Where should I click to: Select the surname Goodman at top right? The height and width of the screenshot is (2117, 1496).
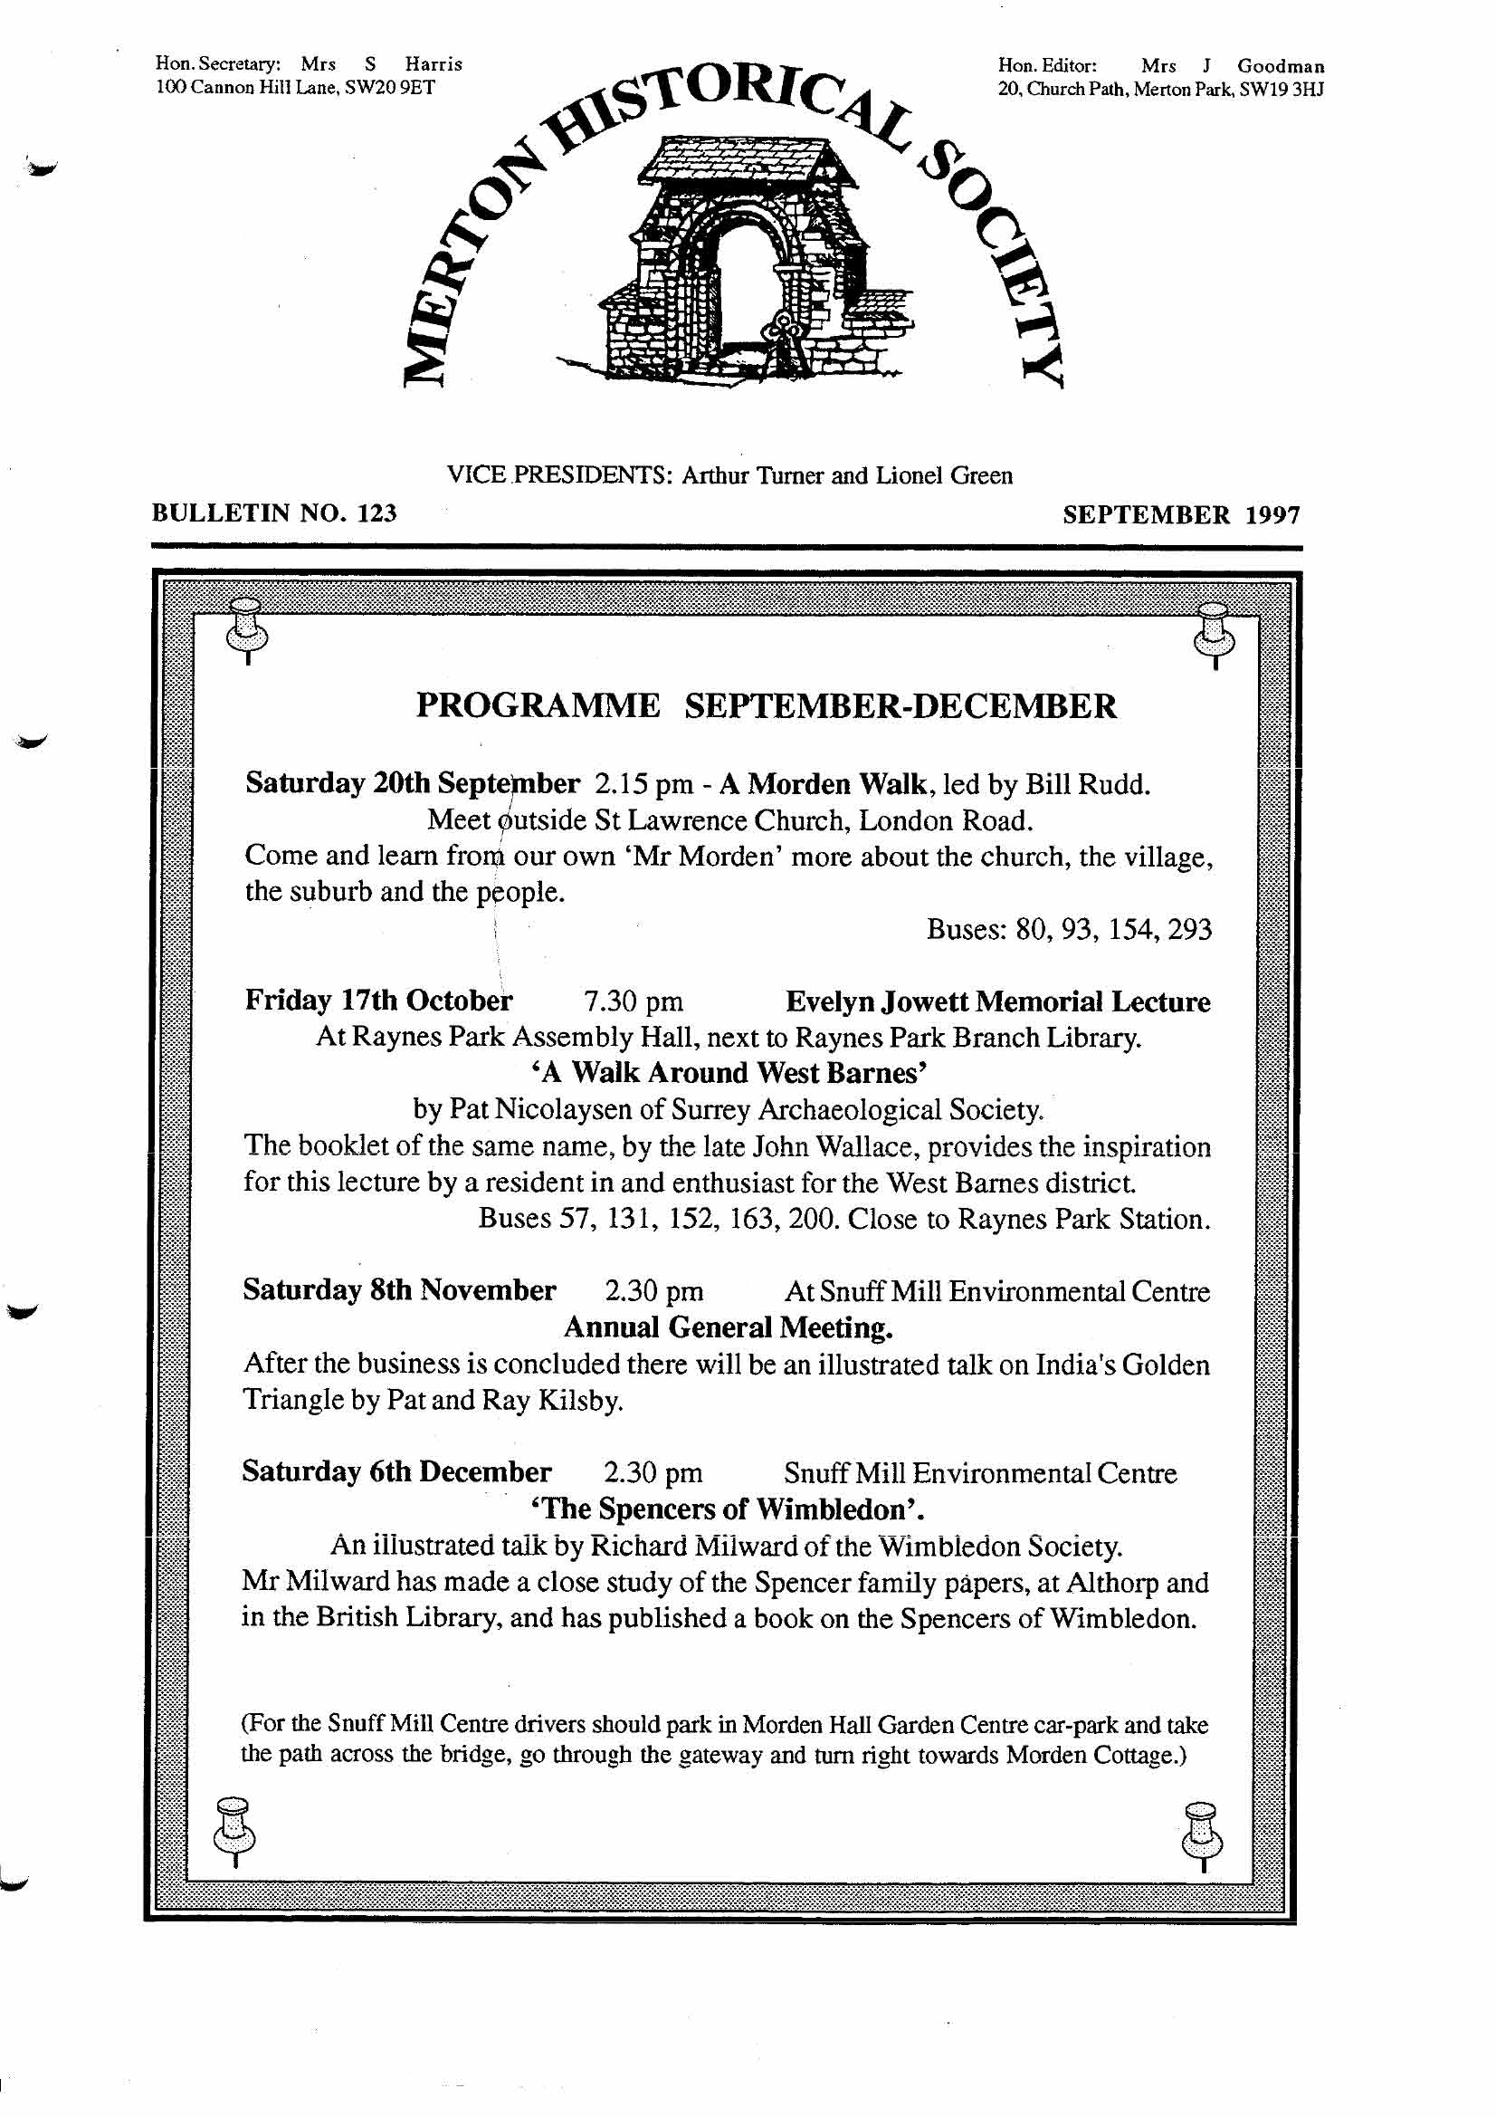coord(1281,66)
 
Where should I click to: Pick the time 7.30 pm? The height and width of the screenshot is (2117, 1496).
coord(634,1001)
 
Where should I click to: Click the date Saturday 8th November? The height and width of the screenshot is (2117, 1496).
coord(399,1290)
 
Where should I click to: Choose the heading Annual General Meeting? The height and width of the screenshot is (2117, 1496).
coord(729,1327)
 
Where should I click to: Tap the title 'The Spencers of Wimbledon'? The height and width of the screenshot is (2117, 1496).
coord(728,1509)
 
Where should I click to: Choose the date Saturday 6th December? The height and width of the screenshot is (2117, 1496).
coord(396,1471)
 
